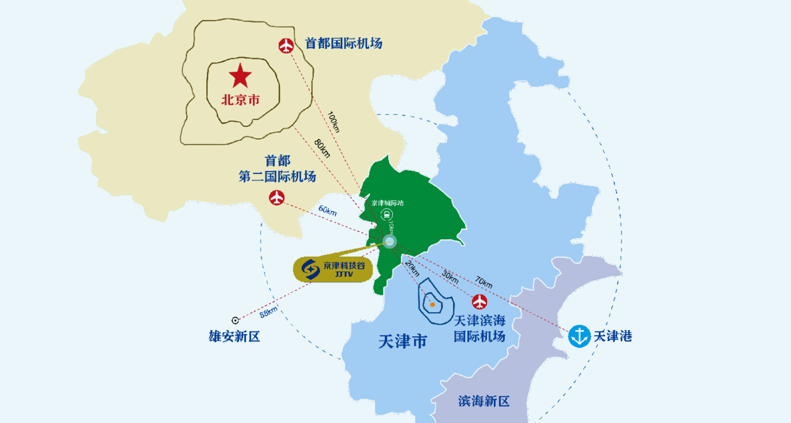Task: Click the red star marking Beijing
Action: [240, 76]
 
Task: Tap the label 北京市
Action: [240, 100]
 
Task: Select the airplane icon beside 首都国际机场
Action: [286, 46]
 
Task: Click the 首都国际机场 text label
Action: [344, 43]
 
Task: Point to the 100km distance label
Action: [334, 122]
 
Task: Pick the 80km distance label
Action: [322, 148]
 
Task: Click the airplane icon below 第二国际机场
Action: [277, 198]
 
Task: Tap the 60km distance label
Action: [328, 211]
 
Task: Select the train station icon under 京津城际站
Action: [386, 214]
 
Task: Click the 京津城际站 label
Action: [388, 203]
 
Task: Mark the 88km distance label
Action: [269, 312]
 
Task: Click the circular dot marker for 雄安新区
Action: [236, 320]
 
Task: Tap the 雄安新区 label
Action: [235, 336]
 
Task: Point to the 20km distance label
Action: [412, 268]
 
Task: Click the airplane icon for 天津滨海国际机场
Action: [479, 301]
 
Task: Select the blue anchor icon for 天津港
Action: [579, 336]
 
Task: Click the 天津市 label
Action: [403, 341]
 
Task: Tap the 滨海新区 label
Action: [484, 401]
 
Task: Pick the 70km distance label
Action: [484, 282]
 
